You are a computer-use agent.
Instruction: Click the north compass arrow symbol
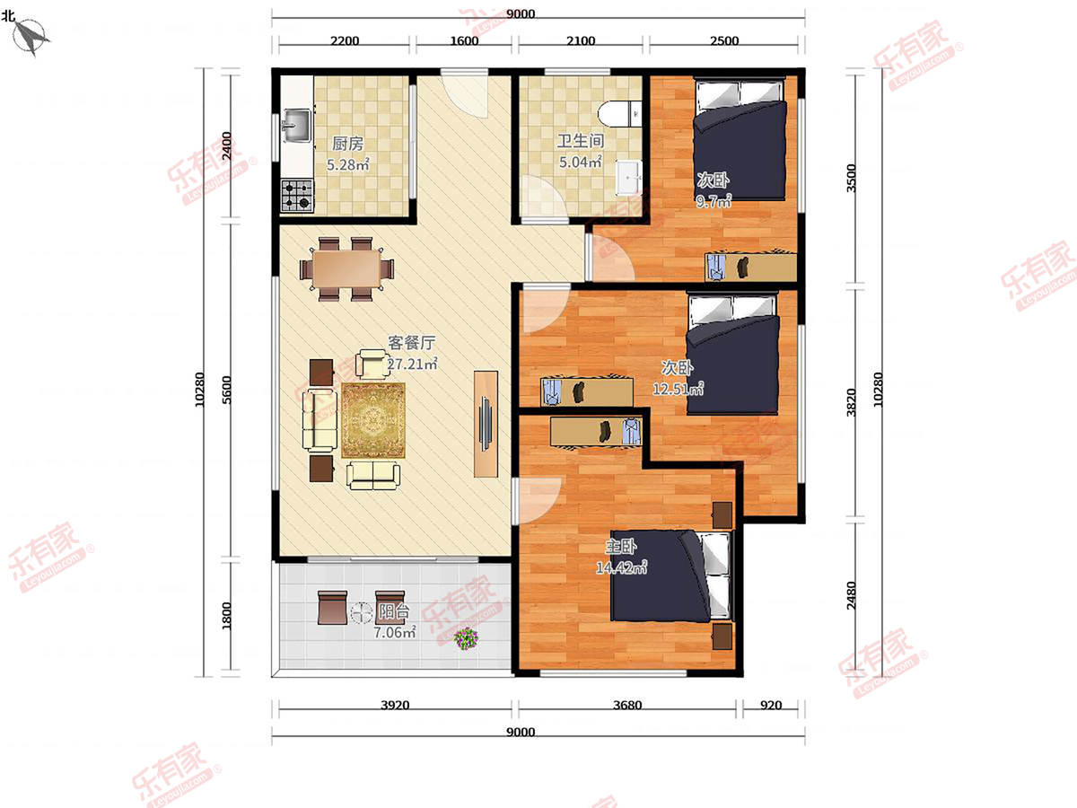[31, 38]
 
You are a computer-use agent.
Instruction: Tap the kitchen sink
[296, 126]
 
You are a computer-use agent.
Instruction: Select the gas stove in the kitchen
[297, 195]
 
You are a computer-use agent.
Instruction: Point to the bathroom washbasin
[628, 178]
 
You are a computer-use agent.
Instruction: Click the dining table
[347, 268]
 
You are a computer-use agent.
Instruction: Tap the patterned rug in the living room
[373, 420]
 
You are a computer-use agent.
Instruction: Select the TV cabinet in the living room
[486, 424]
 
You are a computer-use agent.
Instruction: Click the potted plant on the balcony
[466, 638]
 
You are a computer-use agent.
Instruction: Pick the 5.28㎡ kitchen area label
[348, 165]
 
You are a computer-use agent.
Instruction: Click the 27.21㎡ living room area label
[412, 364]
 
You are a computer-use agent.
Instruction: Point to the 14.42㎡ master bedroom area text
[621, 567]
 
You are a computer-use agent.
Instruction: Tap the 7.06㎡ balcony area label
[395, 633]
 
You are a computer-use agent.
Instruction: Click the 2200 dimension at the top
[345, 40]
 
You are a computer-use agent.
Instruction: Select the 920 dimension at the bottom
[771, 705]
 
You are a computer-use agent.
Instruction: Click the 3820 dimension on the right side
[852, 403]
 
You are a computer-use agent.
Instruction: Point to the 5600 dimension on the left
[226, 390]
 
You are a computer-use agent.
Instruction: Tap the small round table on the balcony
[362, 612]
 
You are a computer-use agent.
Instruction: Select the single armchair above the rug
[372, 364]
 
